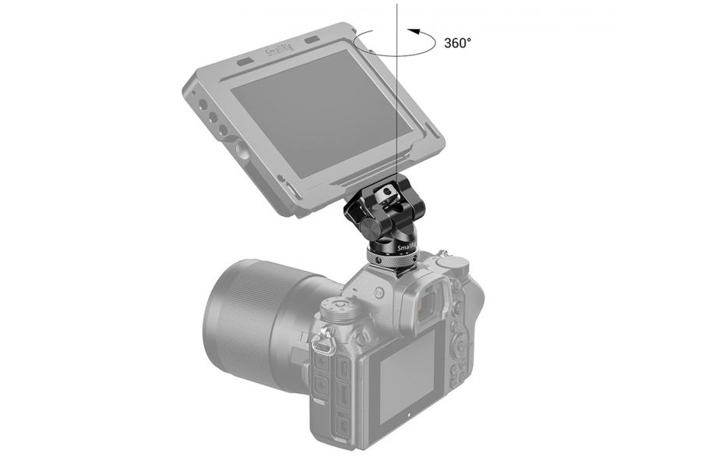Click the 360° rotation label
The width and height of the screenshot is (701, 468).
pos(457,43)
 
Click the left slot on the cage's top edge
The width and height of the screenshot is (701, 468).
pos(243,62)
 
